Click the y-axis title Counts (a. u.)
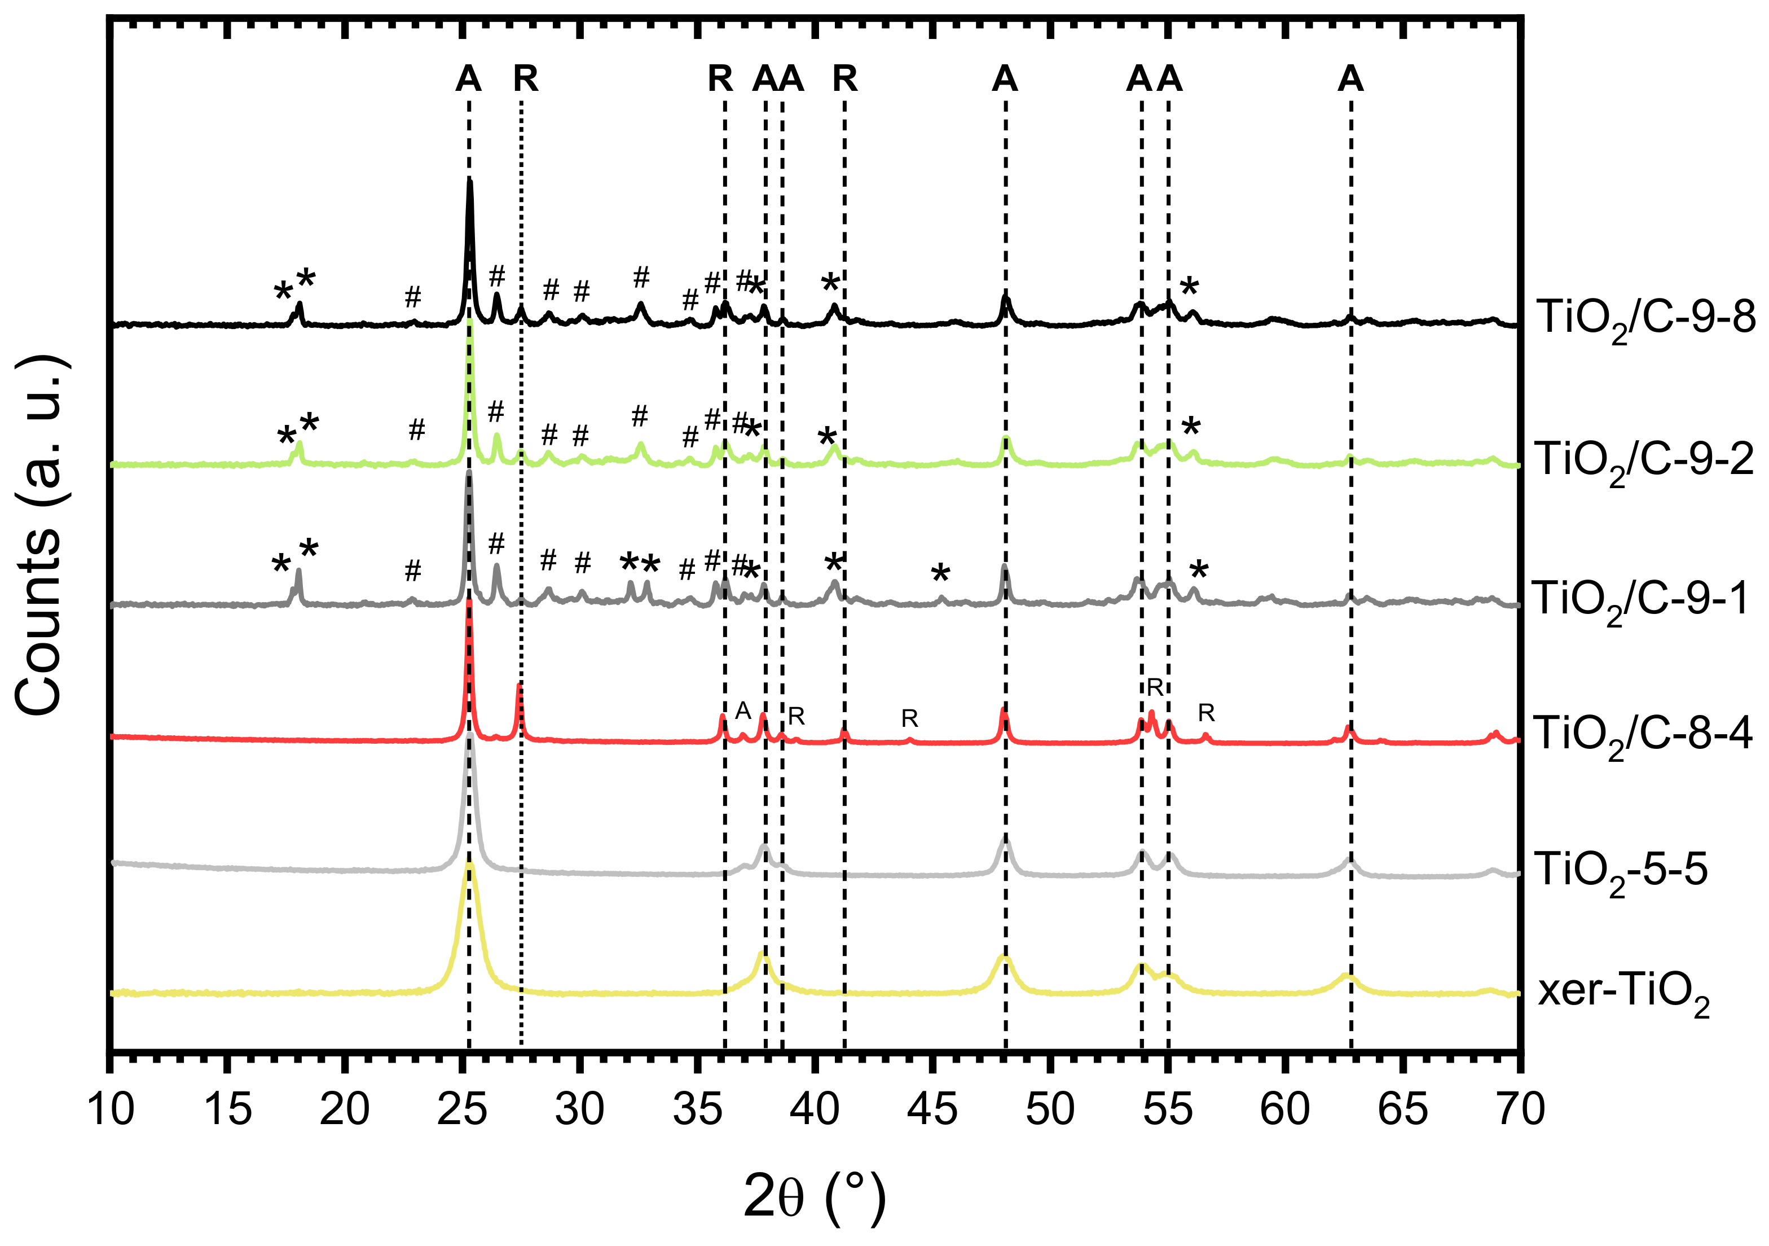pos(38,535)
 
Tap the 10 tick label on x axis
pos(111,1109)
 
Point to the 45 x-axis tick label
pos(933,1109)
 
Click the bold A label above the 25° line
pos(468,78)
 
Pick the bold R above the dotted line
pos(526,78)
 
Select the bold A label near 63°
pos(1350,78)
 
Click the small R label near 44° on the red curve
pos(909,719)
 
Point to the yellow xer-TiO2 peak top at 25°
pos(469,867)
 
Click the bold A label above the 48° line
pos(1005,78)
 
